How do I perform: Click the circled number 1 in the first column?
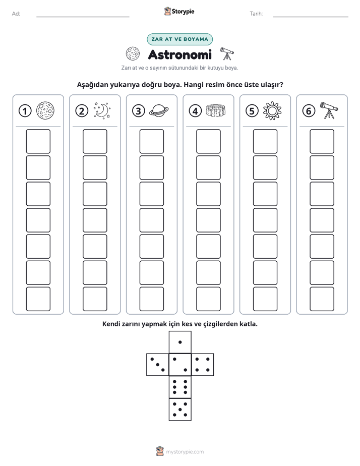coord(25,111)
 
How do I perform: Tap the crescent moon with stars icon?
coord(102,111)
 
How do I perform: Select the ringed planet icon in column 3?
coord(159,111)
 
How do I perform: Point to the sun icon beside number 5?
coord(272,111)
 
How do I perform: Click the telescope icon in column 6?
coord(329,110)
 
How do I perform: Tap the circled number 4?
coord(195,111)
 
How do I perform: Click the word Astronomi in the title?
coord(180,54)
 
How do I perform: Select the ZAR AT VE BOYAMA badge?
coord(179,39)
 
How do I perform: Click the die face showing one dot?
coord(180,342)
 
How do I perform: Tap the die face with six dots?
coord(180,387)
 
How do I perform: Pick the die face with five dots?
coord(180,410)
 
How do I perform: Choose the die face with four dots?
coord(203,365)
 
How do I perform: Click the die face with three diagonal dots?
coord(158,365)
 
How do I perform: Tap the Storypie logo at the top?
coord(179,11)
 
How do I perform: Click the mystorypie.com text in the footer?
coord(185,452)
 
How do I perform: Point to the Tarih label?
coord(256,14)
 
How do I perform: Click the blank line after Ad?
coord(83,17)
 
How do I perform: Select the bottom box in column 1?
coord(38,299)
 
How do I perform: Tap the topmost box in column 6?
coord(322,141)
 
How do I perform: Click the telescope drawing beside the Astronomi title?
coord(227,54)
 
